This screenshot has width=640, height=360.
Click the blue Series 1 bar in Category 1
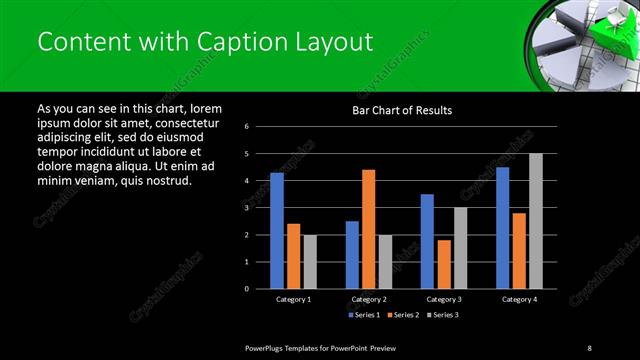click(x=277, y=230)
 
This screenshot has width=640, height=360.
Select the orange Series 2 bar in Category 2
click(x=369, y=229)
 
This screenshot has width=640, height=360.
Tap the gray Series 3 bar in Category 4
click(x=536, y=221)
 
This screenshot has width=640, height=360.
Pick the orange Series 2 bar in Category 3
click(x=444, y=264)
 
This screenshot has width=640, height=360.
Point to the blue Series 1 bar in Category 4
click(x=503, y=227)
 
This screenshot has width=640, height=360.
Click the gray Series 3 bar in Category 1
click(x=310, y=261)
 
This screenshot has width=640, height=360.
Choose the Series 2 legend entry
click(x=404, y=315)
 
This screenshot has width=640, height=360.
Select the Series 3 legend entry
click(x=443, y=315)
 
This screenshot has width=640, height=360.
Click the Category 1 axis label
click(x=293, y=299)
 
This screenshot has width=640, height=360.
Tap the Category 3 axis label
click(x=444, y=299)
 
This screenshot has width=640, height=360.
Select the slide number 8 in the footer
click(x=589, y=347)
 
